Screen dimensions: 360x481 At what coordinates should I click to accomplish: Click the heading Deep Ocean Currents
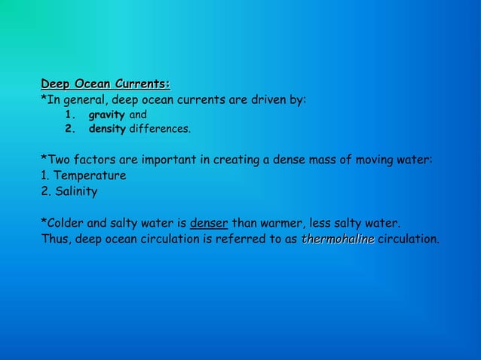pos(106,83)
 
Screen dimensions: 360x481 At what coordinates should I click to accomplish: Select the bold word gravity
pos(106,115)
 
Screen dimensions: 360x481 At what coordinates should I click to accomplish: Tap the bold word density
pos(107,130)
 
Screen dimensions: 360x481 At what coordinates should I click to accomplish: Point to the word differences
pos(160,130)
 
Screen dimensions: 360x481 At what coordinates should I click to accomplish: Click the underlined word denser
pos(209,224)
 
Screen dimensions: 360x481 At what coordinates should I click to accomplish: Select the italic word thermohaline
pos(338,239)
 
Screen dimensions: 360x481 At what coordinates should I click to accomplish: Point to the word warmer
pos(281,224)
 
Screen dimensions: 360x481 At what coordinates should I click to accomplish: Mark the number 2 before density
pos(69,130)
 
